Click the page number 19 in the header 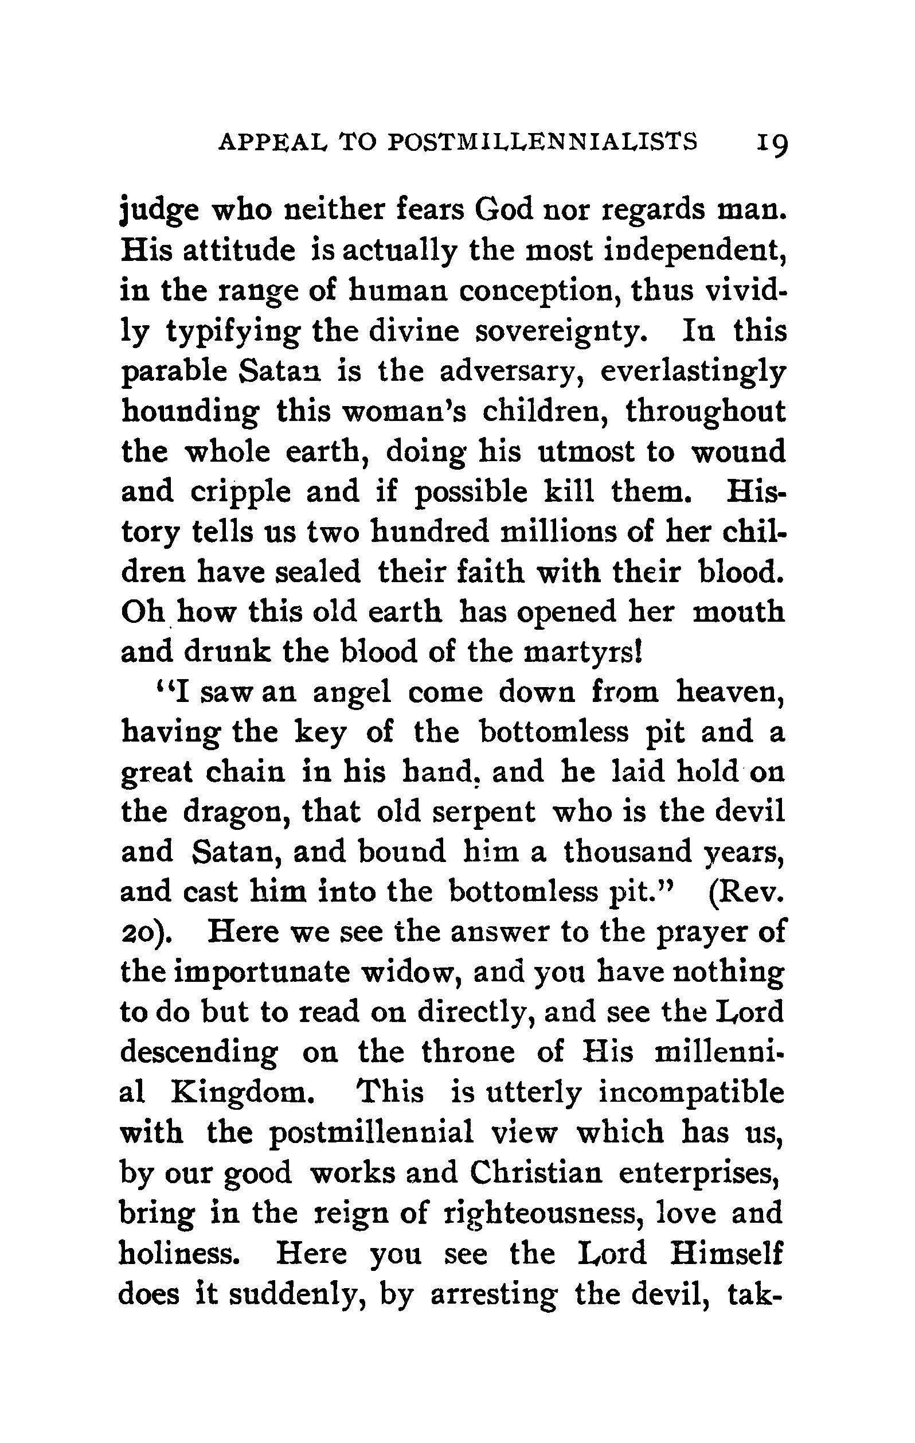coord(771,146)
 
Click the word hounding coord(190,413)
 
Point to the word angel coord(353,693)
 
